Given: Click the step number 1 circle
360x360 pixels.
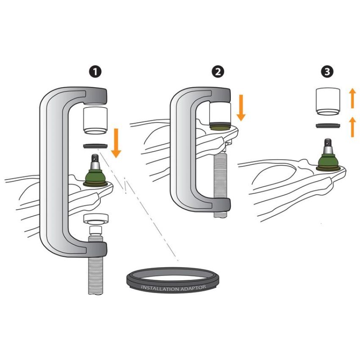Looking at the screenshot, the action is [95, 72].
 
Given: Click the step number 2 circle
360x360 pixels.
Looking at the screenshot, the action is [218, 72].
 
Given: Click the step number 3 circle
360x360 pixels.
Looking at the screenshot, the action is [327, 72].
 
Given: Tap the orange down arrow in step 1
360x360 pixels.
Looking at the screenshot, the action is [116, 143].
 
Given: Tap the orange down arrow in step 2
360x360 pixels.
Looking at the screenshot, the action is [241, 108].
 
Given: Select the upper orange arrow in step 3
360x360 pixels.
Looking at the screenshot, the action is [352, 98].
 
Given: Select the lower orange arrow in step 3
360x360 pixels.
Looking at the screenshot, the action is [352, 127].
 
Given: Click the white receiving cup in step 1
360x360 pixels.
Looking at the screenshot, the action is [95, 120].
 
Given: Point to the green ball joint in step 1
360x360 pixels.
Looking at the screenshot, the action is [95, 176].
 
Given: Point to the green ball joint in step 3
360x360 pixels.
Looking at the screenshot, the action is [328, 161].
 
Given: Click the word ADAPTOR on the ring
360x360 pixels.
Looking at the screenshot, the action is [193, 288].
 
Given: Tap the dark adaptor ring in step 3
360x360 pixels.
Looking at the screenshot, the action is [328, 126].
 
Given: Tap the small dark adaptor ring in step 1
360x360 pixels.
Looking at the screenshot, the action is [95, 146].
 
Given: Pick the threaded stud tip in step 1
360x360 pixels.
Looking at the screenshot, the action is [95, 158].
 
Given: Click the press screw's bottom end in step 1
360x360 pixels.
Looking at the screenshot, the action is [95, 293].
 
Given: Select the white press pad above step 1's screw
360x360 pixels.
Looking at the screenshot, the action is [96, 219].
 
